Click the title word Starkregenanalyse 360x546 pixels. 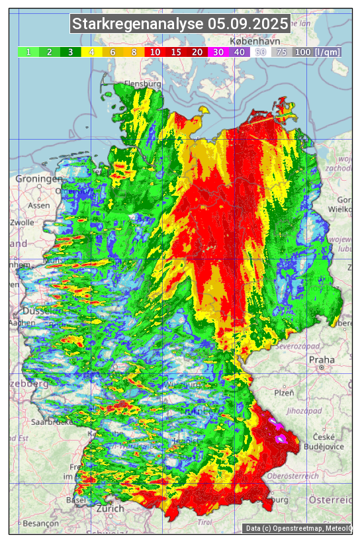coord(138,24)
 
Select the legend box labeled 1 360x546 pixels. coord(28,52)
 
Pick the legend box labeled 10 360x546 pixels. coord(155,52)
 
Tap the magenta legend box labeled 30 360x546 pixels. coord(218,52)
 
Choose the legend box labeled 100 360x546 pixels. coord(302,52)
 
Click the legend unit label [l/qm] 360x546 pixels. coord(328,52)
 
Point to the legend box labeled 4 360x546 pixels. coord(92,52)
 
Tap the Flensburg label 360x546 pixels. coord(142,85)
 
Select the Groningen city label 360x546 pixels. coord(39,179)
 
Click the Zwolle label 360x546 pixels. coord(22,222)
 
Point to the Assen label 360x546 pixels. coord(39,205)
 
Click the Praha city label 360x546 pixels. coord(322,360)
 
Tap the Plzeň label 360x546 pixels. coord(284,392)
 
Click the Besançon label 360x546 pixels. coord(40,523)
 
